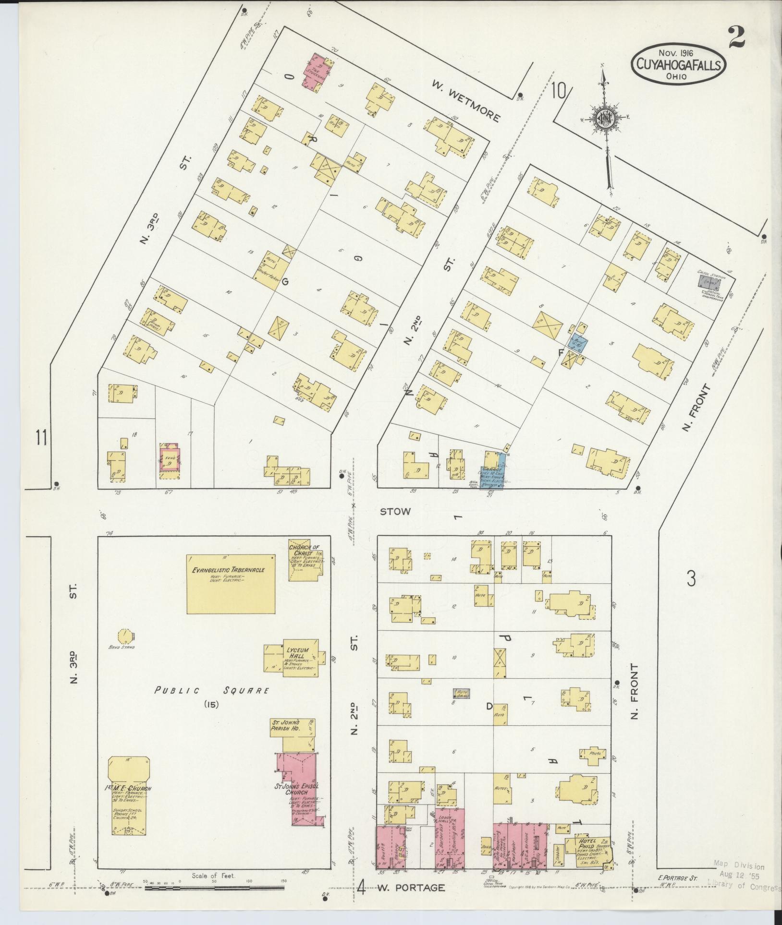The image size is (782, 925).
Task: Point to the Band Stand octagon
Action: (126, 636)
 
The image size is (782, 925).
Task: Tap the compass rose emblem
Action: (606, 118)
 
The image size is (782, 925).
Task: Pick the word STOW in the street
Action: (395, 512)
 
